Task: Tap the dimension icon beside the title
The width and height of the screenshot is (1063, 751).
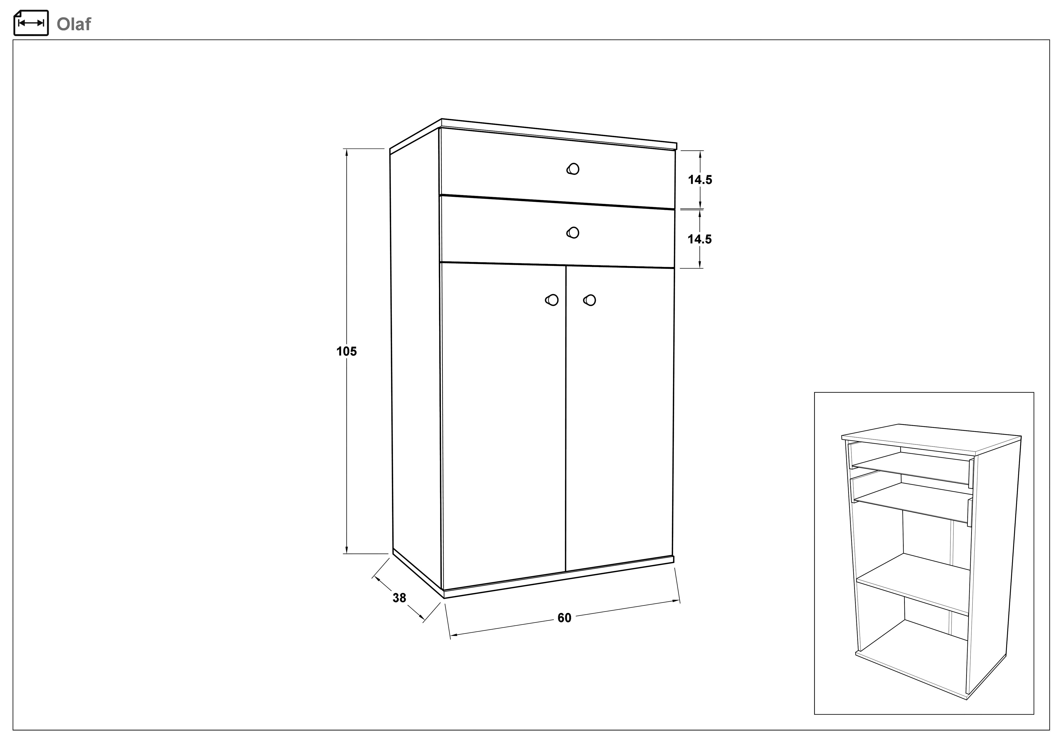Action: pos(31,23)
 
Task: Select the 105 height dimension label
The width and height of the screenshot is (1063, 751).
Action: pos(346,352)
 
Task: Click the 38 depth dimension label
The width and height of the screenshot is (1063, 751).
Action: pos(399,598)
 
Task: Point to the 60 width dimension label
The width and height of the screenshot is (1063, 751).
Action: pos(564,618)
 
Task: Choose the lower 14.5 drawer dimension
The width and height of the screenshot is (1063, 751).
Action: pos(700,239)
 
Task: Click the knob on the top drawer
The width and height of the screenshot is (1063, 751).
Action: pos(573,169)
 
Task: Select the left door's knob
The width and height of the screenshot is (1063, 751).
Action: pos(552,300)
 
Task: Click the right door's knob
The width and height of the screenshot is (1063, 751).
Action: pos(589,300)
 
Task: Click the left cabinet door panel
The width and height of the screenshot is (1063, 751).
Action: pos(504,426)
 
